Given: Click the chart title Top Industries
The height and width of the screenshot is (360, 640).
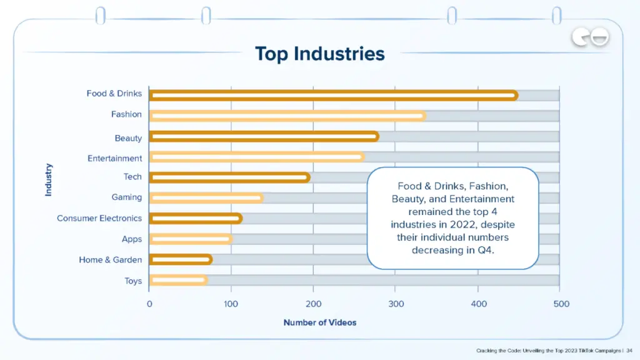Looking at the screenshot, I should point(319,54).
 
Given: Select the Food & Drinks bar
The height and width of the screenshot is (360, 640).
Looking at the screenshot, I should point(334,96).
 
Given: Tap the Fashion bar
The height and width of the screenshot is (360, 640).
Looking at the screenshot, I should point(287,116).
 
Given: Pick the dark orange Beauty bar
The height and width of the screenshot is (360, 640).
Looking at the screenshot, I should point(264,137).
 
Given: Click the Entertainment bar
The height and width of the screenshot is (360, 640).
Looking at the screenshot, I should point(256,157).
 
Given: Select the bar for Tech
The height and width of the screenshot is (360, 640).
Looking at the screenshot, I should point(229,177).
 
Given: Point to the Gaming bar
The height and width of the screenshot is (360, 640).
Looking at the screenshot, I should point(206,198).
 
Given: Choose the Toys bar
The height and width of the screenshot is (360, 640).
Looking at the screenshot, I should point(178,280).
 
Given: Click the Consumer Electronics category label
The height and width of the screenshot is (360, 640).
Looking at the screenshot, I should point(99,219).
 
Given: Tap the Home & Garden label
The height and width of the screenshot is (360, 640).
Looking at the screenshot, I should point(110,260).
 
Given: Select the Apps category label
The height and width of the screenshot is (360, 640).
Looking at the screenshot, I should point(131,239).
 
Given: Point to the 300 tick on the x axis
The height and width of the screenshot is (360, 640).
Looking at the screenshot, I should point(395,304).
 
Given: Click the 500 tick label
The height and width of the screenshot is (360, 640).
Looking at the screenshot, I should point(561,304).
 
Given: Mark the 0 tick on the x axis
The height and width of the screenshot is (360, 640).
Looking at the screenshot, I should point(149,304).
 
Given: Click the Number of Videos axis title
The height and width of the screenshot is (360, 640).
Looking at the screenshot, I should point(319,322).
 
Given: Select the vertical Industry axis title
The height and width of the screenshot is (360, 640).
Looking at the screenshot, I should point(49,180).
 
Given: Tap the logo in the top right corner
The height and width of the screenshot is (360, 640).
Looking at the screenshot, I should point(590,39).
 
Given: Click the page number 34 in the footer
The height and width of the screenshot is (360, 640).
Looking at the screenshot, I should point(629,351).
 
